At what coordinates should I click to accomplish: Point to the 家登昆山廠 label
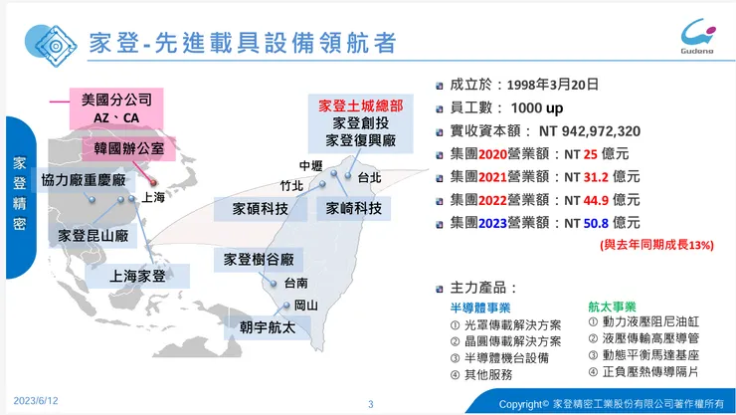[94, 236]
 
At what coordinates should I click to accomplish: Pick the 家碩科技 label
[261, 209]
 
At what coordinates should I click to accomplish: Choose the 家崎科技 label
[353, 209]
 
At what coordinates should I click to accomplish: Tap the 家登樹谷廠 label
[258, 259]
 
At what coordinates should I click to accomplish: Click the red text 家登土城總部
[360, 104]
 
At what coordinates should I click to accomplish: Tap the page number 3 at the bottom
[370, 404]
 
